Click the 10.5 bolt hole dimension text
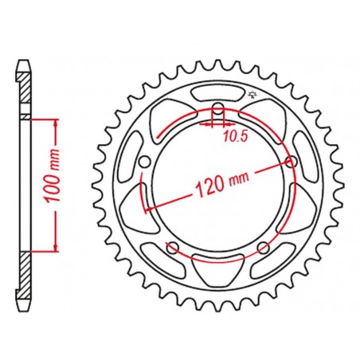[x=236, y=136]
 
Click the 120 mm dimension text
[x=222, y=183]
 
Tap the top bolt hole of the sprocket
[x=218, y=109]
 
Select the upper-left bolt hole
[x=144, y=162]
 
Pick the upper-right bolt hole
[x=292, y=162]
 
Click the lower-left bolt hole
[x=173, y=248]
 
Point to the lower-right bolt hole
[x=264, y=248]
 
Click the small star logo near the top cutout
[x=251, y=94]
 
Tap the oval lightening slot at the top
[x=217, y=94]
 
